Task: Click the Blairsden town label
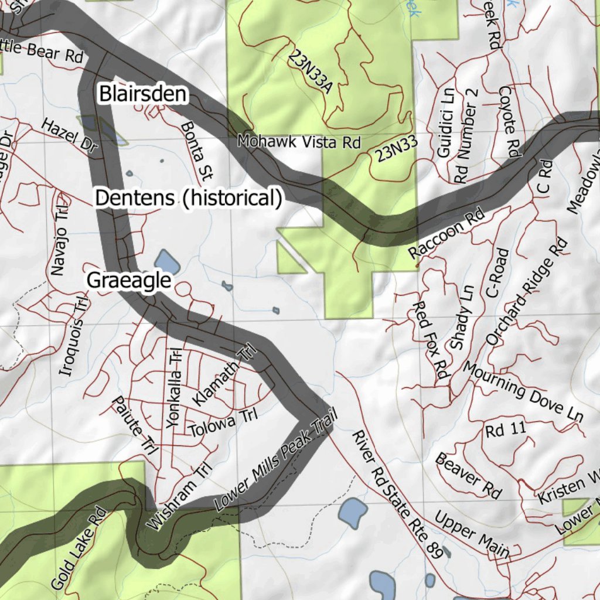(x=142, y=94)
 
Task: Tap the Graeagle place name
(x=129, y=280)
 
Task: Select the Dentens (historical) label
(x=188, y=198)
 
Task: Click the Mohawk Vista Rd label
(x=298, y=142)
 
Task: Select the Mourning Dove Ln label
(x=523, y=391)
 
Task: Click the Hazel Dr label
(x=69, y=136)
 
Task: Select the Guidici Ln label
(x=446, y=122)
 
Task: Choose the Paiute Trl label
(x=134, y=425)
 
